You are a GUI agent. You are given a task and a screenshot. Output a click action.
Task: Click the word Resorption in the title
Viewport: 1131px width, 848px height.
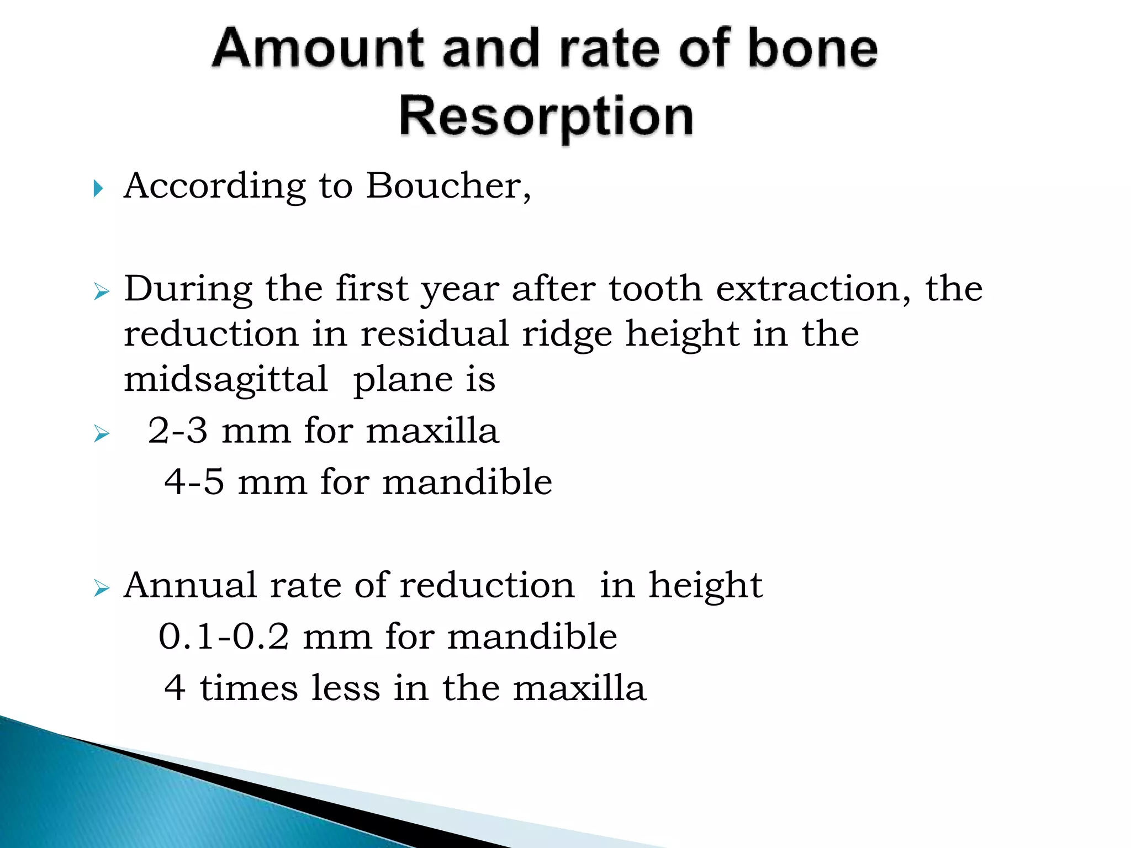point(546,117)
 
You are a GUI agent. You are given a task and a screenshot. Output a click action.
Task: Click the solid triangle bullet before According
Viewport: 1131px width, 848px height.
point(98,189)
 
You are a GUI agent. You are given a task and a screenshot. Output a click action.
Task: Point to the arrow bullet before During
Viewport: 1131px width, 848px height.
point(102,291)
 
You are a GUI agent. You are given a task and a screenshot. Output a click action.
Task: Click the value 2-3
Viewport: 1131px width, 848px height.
point(178,431)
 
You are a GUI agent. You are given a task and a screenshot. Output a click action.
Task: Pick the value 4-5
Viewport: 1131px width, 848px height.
point(194,482)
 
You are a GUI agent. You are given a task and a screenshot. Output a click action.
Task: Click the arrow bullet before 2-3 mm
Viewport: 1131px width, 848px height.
point(102,433)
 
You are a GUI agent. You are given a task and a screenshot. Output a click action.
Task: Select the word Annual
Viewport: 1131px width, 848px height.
point(190,585)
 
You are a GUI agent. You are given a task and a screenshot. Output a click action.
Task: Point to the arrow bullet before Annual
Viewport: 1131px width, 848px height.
point(102,588)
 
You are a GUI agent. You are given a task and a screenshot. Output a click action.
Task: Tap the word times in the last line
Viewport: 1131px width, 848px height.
point(249,688)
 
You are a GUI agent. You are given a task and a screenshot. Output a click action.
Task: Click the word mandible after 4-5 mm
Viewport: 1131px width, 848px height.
point(467,482)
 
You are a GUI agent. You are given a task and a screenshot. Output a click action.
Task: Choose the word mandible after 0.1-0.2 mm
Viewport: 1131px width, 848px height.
point(532,637)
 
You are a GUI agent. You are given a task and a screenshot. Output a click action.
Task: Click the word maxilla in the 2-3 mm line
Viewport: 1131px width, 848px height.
point(432,431)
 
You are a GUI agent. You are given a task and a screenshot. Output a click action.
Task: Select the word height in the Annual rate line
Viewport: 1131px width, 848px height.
point(705,585)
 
